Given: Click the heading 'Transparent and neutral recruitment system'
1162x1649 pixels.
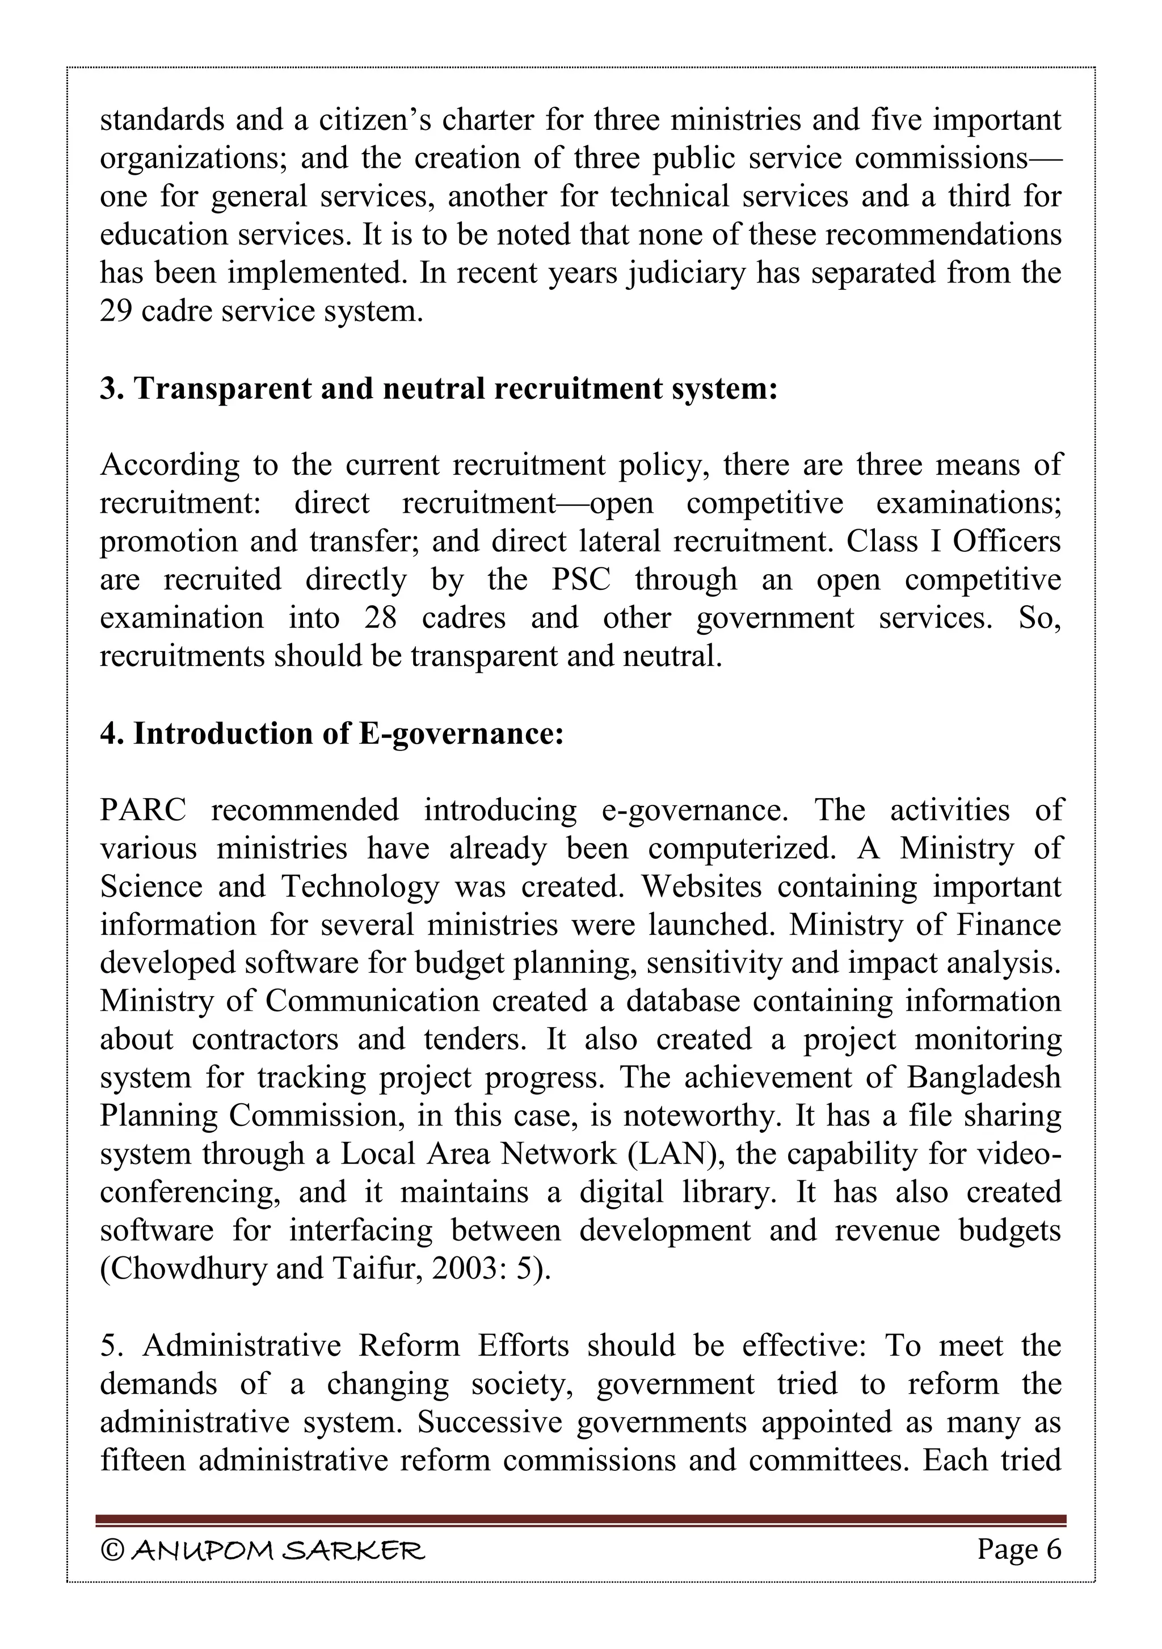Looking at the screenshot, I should click(438, 389).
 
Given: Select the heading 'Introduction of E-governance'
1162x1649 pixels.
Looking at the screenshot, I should click(332, 733).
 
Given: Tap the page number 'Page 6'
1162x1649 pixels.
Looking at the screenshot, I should click(1018, 1549).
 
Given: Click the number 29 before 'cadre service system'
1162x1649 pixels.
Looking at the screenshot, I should click(116, 311).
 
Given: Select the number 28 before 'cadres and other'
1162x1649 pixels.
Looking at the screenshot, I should click(380, 618).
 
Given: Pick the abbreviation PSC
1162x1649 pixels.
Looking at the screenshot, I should click(580, 580).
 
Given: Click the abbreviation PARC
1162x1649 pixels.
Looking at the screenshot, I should click(143, 810).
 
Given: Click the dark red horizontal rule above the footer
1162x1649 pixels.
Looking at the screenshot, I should click(580, 1520).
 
